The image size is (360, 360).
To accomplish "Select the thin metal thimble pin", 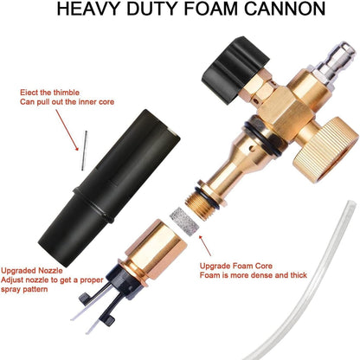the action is pos(84,151).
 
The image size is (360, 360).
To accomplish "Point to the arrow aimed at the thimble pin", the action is pos(67,130).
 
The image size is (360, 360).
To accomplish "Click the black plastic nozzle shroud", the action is pos(110,188).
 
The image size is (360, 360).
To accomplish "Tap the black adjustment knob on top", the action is pos(235,69).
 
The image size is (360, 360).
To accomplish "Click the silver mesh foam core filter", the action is pos(184,222).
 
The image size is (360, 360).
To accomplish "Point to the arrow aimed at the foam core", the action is pos(205,246).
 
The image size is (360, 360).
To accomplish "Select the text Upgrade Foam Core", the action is pos(236,266).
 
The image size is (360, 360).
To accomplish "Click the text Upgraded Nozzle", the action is pos(32,271).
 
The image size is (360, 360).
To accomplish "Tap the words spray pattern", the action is pos(24,289).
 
